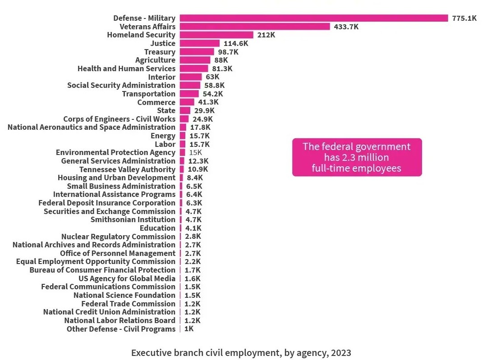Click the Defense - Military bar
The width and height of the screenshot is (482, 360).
314,18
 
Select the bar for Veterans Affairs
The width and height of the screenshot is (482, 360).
255,27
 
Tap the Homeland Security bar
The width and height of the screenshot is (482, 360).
216,35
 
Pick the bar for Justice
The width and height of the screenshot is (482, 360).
200,43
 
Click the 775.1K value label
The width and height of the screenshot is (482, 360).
464,18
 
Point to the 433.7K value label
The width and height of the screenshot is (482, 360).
346,27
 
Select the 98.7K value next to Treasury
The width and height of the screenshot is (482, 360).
228,52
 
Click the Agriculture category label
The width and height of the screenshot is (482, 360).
155,60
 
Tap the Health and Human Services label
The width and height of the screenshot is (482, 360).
126,68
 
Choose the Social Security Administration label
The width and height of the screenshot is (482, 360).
121,85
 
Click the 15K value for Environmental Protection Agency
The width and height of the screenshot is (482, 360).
195,152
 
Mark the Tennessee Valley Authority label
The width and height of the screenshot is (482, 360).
127,169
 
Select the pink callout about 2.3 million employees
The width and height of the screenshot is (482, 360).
357,157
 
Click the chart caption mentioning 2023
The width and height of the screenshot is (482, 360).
241,352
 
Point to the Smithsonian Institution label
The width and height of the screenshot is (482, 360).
133,219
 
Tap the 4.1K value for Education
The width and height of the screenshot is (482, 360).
193,228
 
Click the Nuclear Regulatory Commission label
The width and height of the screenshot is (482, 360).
118,237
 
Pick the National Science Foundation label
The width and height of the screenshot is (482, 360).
124,295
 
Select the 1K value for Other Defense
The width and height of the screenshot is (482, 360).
189,329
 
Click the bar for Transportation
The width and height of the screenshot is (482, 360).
189,94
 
